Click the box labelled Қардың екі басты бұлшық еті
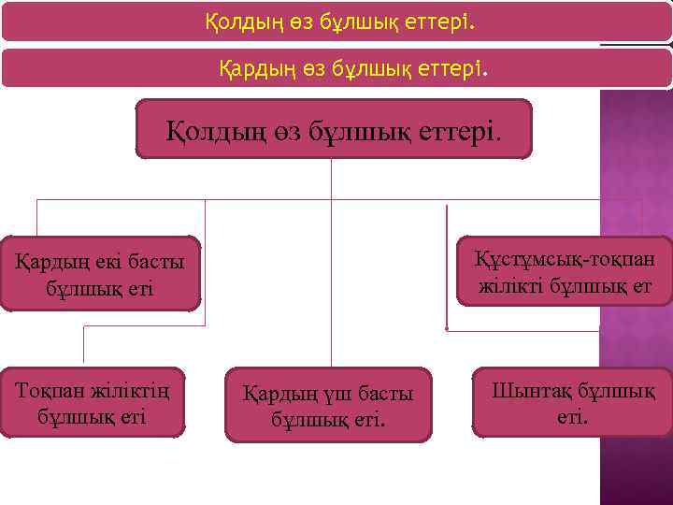click(x=100, y=273)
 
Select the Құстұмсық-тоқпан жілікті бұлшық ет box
click(x=565, y=271)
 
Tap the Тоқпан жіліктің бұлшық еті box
click(x=93, y=402)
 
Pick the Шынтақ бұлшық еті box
click(x=572, y=402)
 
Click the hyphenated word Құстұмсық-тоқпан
click(x=565, y=258)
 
